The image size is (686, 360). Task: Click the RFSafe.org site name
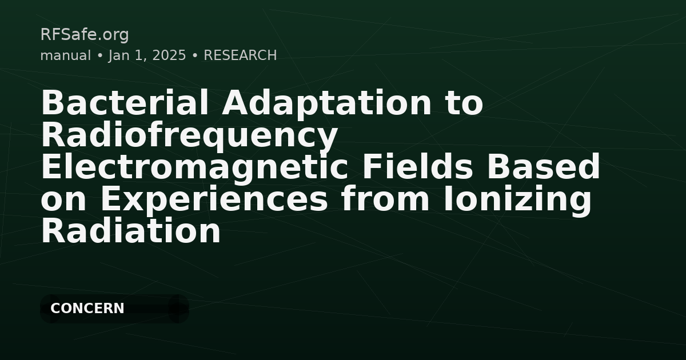coord(85,35)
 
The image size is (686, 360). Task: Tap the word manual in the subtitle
coord(65,55)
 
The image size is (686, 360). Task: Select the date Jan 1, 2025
coord(147,55)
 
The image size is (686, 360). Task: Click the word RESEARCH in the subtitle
coord(240,55)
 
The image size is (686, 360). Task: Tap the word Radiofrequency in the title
coord(189,136)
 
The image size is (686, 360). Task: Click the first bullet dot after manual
coord(99,55)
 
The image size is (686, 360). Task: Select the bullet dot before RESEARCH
coord(195,55)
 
